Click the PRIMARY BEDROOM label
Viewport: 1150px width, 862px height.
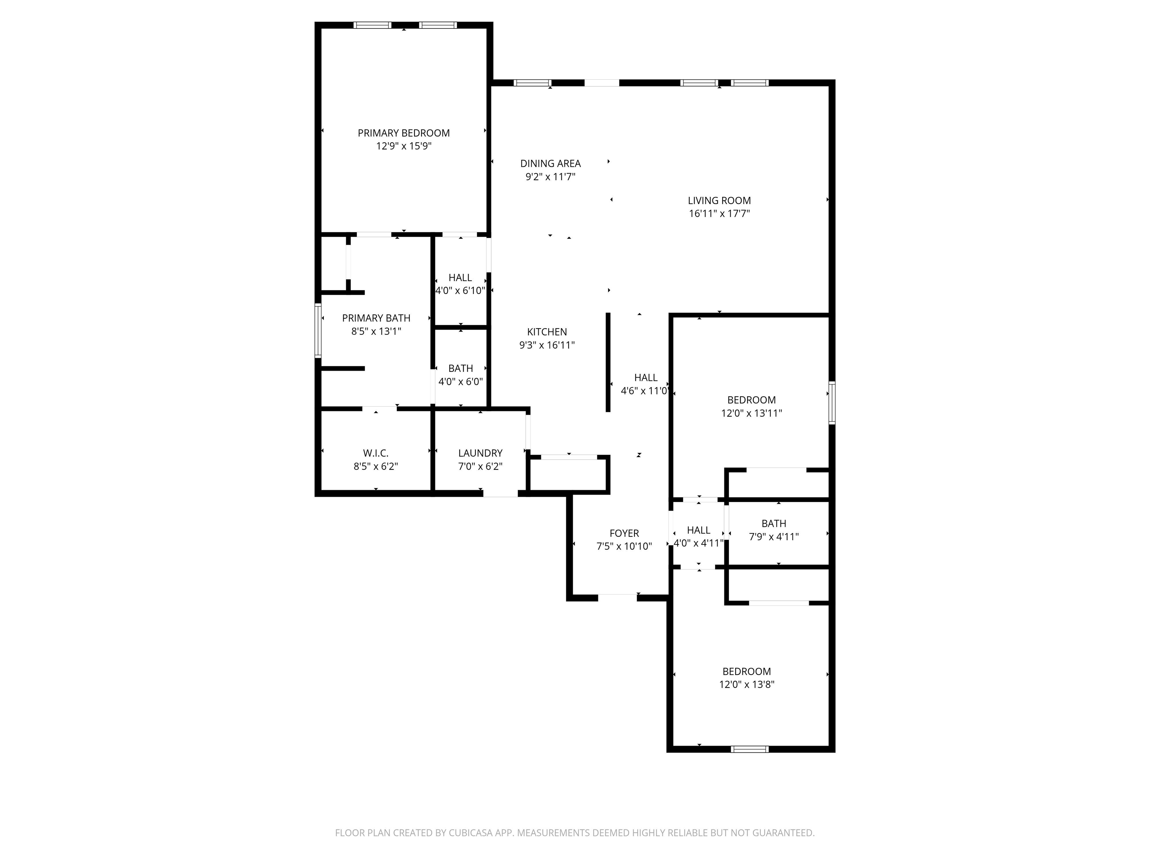tap(404, 133)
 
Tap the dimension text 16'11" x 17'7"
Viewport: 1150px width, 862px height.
tap(719, 214)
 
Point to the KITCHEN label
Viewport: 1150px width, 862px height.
tap(547, 332)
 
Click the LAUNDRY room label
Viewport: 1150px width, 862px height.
tap(480, 453)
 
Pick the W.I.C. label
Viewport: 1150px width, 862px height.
tap(375, 453)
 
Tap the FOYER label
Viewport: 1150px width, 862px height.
tap(624, 533)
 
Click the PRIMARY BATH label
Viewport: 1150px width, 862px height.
tap(376, 318)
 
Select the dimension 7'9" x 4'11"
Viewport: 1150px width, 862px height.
tap(774, 537)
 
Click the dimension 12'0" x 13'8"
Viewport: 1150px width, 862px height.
tap(746, 684)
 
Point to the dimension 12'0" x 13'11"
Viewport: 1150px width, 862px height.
tap(751, 413)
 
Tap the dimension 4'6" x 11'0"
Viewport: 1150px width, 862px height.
tap(645, 391)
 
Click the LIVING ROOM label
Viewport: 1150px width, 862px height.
tap(719, 201)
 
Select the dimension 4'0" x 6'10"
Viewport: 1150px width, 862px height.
tap(460, 290)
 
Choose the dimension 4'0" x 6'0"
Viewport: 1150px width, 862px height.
tap(460, 381)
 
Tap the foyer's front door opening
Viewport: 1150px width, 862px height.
tap(618, 597)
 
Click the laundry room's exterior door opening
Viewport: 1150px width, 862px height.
tap(501, 493)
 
